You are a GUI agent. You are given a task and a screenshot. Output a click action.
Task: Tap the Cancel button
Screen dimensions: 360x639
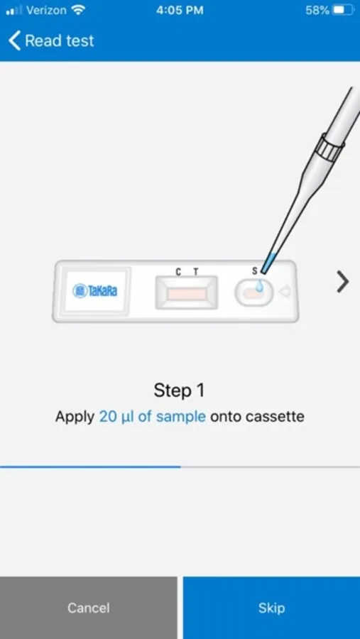[89, 608]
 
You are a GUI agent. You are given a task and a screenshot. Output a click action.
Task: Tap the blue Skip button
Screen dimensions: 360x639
[271, 608]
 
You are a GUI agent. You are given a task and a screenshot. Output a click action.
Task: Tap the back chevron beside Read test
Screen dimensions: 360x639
[14, 40]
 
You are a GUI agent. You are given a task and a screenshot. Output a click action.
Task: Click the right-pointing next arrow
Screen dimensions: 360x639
[343, 282]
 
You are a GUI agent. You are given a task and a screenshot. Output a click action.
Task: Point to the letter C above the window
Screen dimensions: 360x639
[178, 272]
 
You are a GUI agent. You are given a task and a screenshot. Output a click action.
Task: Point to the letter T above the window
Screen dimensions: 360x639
[196, 272]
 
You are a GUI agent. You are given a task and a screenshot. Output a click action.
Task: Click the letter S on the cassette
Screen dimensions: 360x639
[255, 271]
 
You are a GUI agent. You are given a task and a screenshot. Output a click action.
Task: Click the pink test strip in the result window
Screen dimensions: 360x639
[187, 294]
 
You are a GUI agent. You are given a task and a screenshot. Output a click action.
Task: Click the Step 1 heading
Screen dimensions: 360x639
[180, 391]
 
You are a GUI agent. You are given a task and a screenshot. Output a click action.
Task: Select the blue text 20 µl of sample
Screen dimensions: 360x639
[153, 417]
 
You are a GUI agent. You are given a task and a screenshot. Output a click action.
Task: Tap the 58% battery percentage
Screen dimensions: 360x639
[317, 11]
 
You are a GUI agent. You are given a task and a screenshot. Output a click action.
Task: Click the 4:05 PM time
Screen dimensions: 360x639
[180, 11]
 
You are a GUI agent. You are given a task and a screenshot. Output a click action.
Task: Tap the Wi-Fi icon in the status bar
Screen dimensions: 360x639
[77, 10]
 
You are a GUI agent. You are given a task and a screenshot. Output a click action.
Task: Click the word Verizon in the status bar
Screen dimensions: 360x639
[46, 11]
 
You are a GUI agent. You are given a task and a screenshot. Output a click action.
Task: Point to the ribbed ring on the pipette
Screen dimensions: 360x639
[332, 148]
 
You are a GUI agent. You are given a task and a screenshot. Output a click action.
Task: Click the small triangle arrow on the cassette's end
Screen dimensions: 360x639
[284, 292]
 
